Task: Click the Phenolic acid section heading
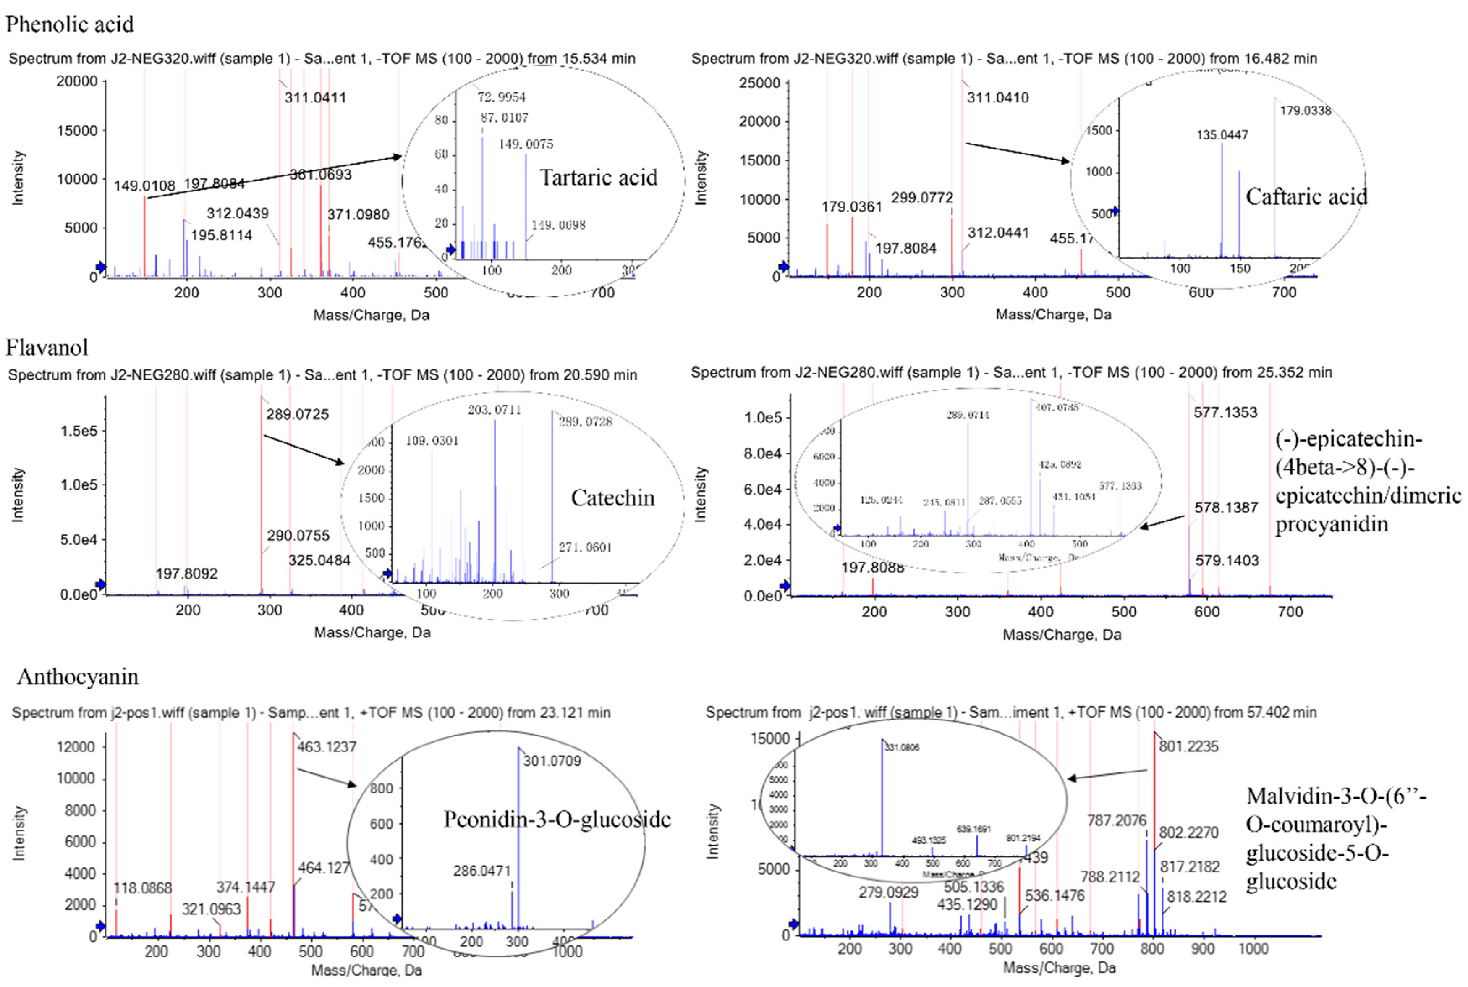70,24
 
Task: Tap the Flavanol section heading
47,348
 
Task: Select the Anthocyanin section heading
78,677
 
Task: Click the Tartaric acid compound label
598,178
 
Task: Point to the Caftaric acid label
1306,197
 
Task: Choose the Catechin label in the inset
612,498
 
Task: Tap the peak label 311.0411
315,97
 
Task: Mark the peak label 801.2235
1188,746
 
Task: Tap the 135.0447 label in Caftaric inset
1222,135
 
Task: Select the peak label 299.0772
922,198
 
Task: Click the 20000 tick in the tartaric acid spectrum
77,81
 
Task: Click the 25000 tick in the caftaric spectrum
759,83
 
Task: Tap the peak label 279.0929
888,893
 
